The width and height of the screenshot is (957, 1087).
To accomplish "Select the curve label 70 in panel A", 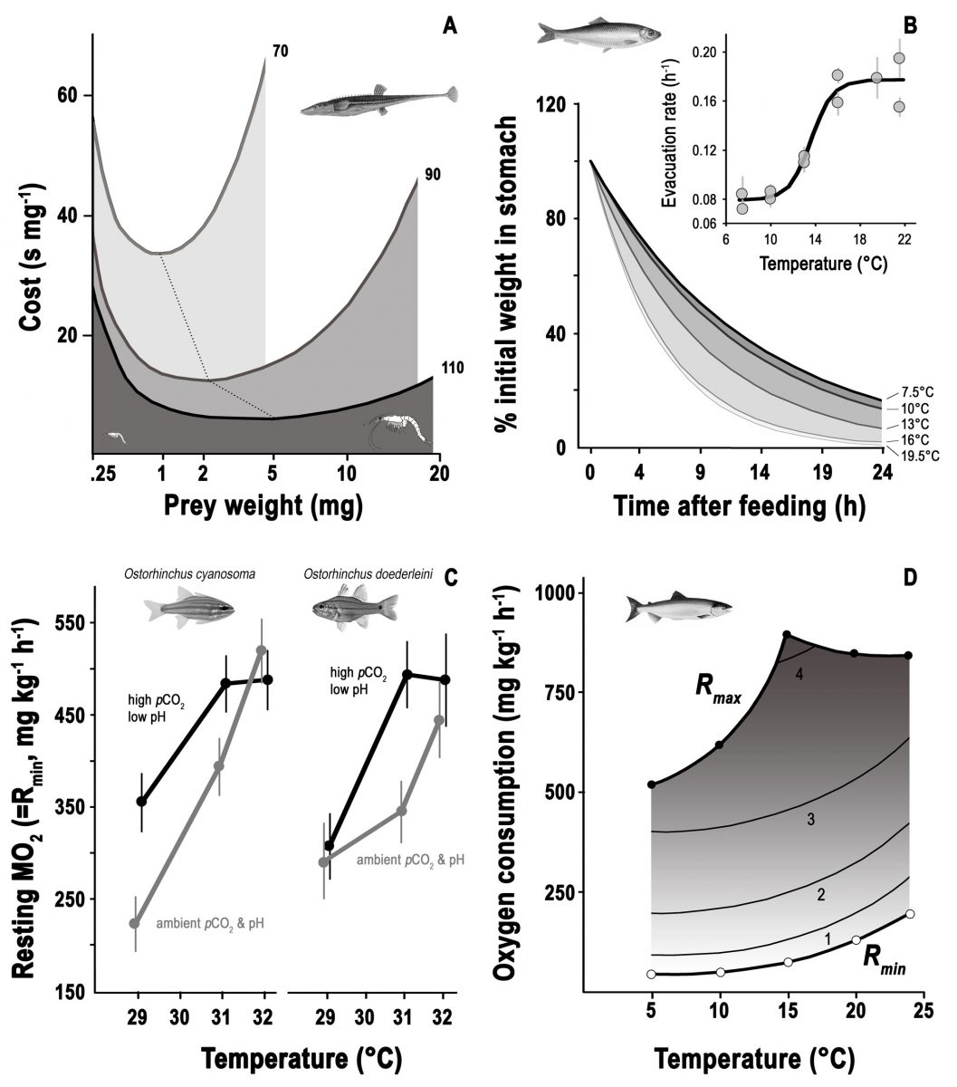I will (281, 52).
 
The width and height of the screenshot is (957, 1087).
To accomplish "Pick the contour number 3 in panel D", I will (811, 820).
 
